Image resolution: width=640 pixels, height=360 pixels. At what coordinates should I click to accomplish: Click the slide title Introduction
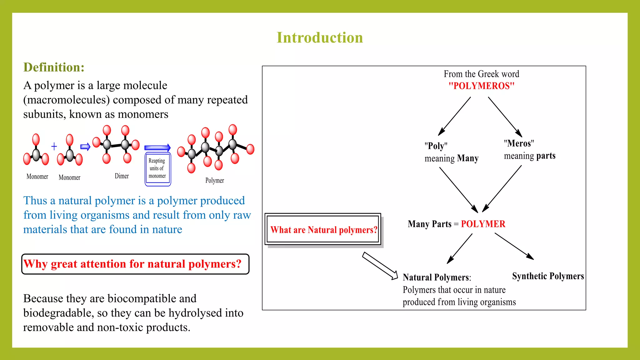[x=320, y=38]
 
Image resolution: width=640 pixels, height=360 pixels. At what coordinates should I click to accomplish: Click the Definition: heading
[x=54, y=67]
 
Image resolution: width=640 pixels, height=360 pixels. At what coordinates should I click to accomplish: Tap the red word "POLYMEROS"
[x=481, y=86]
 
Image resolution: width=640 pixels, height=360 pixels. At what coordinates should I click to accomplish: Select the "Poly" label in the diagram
[x=436, y=146]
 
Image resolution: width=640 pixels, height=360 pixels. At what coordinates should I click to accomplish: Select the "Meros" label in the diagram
[x=519, y=143]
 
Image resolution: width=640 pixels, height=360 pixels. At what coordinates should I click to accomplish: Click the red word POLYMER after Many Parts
[x=483, y=224]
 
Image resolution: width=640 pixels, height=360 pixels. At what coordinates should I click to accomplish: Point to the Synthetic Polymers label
[x=548, y=276]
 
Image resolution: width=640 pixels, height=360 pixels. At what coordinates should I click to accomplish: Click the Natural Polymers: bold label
[x=437, y=277]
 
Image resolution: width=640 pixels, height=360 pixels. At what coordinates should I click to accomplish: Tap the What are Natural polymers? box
[x=323, y=230]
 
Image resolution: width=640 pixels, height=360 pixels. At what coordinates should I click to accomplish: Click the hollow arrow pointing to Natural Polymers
[x=380, y=266]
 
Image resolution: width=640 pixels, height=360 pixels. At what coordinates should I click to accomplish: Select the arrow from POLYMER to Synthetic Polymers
[x=514, y=246]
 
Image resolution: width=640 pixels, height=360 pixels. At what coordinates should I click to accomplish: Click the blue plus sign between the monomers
[x=54, y=146]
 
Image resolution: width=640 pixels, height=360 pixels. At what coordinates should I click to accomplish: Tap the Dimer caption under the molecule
[x=122, y=176]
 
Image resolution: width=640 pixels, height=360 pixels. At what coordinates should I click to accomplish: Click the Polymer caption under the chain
[x=214, y=181]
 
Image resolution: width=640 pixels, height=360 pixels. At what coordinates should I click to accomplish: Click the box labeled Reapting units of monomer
[x=157, y=169]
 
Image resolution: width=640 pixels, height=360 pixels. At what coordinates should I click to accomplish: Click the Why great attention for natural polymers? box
[x=135, y=264]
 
